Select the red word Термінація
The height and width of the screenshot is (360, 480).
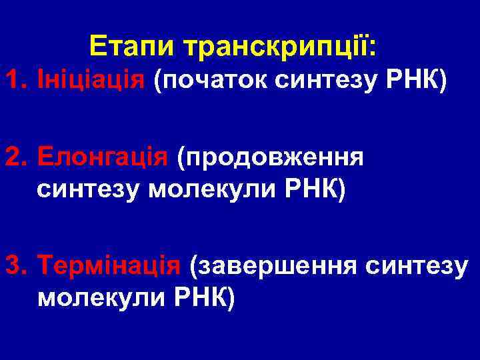pyautogui.click(x=110, y=265)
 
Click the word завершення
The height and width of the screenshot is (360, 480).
pyautogui.click(x=274, y=265)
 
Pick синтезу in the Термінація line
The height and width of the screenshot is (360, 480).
pyautogui.click(x=417, y=265)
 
